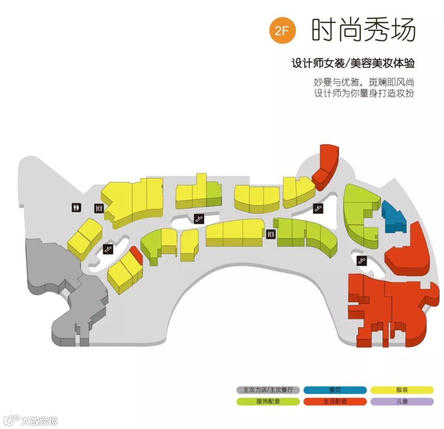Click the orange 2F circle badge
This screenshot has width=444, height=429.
(x=282, y=30)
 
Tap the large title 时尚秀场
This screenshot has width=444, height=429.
(x=363, y=30)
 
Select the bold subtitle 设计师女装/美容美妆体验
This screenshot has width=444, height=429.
(x=353, y=64)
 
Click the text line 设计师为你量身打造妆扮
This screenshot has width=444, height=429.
(x=364, y=93)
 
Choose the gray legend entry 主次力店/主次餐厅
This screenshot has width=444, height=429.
(x=268, y=390)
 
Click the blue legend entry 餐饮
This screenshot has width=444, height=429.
(x=335, y=390)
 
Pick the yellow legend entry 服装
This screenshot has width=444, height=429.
(x=402, y=390)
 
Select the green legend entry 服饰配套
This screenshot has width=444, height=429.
(x=268, y=401)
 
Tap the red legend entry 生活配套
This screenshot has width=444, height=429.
(x=335, y=401)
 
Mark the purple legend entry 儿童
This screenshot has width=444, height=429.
(x=402, y=401)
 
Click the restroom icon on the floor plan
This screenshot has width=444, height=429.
(x=76, y=208)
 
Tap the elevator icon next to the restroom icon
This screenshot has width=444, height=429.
(x=99, y=209)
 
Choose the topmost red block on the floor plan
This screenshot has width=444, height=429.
(x=327, y=165)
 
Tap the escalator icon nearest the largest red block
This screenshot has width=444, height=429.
(x=362, y=260)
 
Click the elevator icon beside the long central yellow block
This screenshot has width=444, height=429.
(x=270, y=234)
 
